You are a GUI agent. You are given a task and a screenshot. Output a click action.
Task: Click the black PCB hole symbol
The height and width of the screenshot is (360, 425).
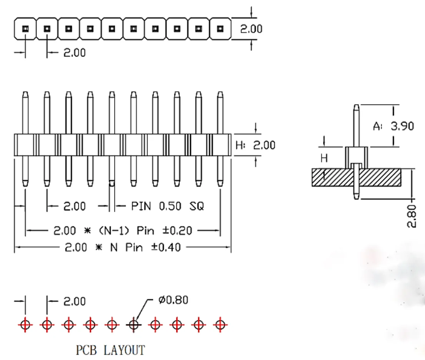tap(133, 325)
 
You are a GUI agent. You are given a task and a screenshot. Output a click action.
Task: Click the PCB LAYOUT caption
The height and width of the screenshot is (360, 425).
tap(110, 350)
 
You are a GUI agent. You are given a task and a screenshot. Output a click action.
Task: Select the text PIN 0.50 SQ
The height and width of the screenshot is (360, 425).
tap(168, 206)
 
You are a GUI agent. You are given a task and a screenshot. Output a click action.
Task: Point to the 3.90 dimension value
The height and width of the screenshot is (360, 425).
tap(402, 126)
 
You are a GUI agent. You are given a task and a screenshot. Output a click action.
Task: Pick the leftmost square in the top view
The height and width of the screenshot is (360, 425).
tap(25, 29)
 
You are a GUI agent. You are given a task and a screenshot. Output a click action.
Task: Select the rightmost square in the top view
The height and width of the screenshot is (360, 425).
tap(220, 29)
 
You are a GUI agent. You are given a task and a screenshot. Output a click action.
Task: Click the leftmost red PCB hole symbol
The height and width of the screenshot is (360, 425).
tap(25, 325)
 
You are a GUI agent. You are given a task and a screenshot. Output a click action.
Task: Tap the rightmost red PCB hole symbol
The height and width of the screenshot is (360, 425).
tap(220, 325)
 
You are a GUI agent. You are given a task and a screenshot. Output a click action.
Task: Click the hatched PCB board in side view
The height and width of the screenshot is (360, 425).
tap(384, 177)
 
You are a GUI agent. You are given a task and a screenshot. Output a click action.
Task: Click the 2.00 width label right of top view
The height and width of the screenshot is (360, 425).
tap(251, 29)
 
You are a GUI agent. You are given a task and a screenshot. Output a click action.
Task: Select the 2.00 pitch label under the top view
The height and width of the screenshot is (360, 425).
tap(75, 53)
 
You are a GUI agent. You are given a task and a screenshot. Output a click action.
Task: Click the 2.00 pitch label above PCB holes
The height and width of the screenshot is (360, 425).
tap(75, 301)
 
